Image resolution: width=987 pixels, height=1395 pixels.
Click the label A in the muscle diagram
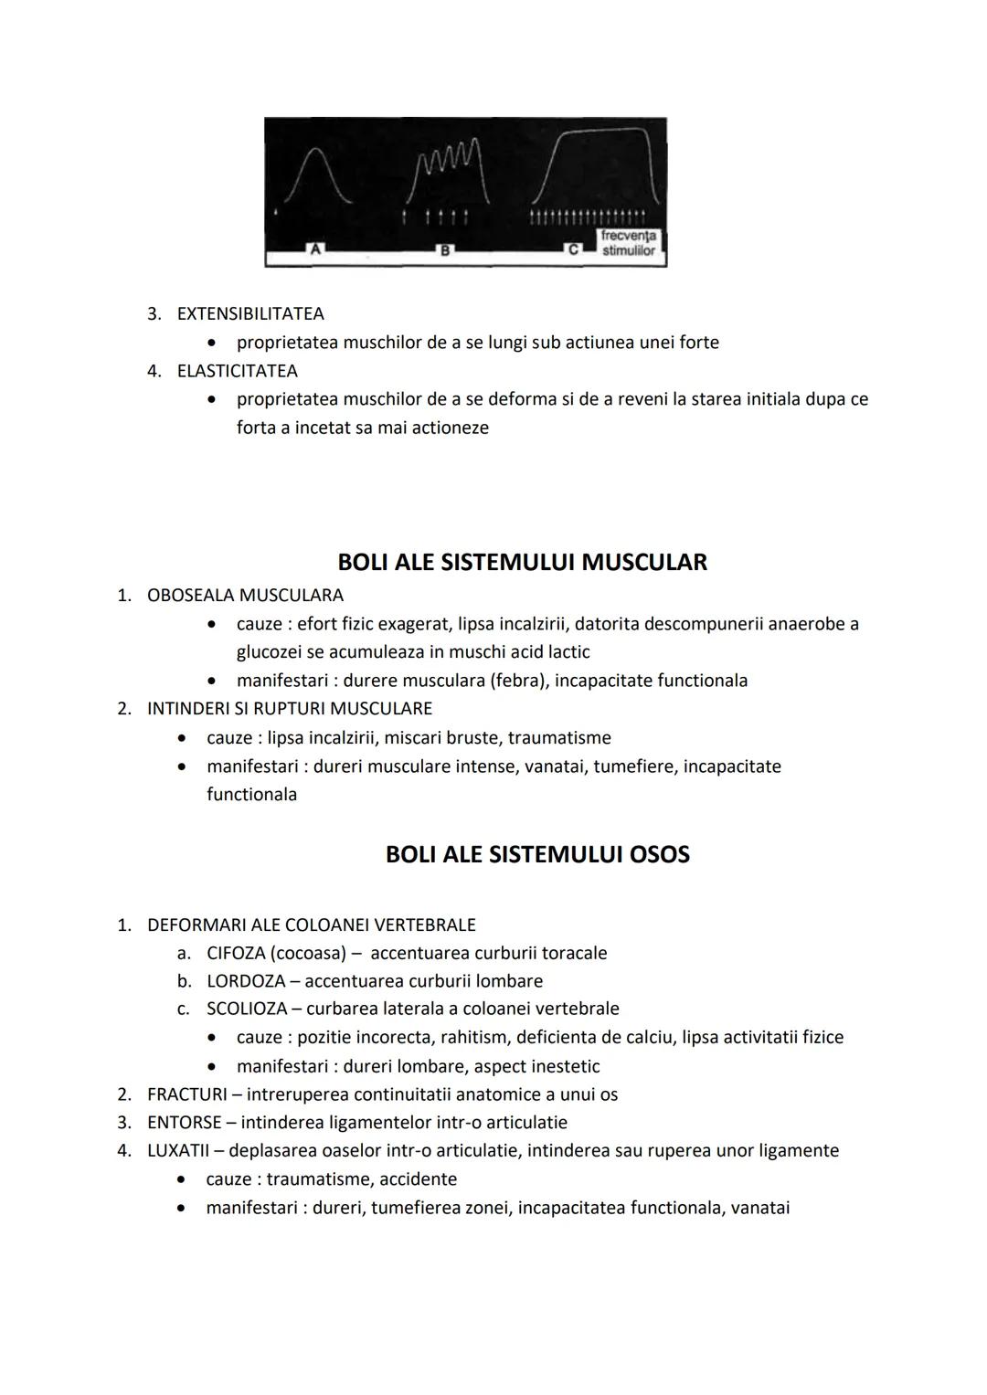[x=316, y=248]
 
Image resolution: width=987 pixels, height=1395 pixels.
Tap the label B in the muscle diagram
[x=445, y=248]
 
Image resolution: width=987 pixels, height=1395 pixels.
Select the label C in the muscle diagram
[x=575, y=248]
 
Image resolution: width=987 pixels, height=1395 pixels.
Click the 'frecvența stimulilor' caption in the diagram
[x=628, y=243]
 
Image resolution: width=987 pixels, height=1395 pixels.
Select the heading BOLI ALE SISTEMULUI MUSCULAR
[x=522, y=562]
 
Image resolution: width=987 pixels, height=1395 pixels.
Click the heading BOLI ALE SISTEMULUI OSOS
[x=537, y=855]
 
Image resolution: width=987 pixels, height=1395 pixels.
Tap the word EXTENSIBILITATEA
[x=250, y=313]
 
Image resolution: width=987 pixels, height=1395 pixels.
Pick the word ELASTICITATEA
[x=237, y=371]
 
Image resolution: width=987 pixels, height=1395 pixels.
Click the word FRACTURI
[x=186, y=1094]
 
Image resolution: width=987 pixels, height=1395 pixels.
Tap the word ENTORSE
[x=184, y=1122]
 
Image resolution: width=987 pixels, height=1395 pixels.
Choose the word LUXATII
[x=178, y=1150]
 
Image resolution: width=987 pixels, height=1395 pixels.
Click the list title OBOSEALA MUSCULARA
[x=245, y=596]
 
